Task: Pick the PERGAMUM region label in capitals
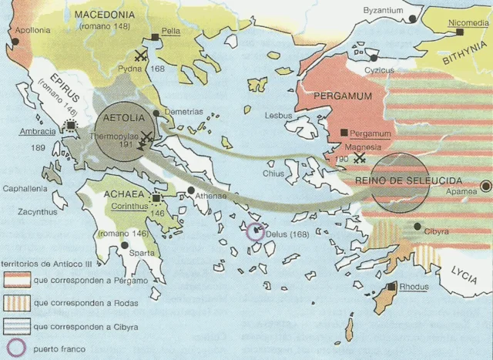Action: click(344, 96)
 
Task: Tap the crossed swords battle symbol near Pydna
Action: click(140, 55)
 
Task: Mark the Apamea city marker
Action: click(487, 186)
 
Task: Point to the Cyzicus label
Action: click(380, 70)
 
